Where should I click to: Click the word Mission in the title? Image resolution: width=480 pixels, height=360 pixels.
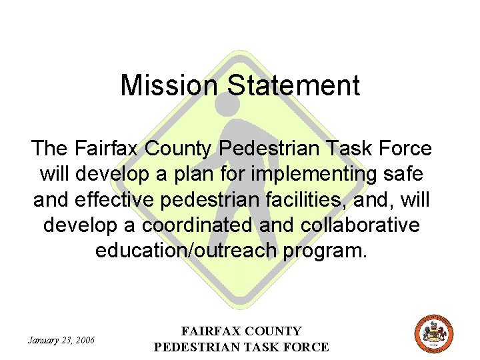pos(169,86)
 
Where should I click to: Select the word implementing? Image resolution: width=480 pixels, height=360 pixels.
pos(315,174)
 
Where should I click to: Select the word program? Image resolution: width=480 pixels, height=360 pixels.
pos(333,251)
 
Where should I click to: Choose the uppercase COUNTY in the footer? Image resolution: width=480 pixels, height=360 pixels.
pos(274,331)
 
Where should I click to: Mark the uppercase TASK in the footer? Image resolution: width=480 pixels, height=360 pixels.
pos(264,347)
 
